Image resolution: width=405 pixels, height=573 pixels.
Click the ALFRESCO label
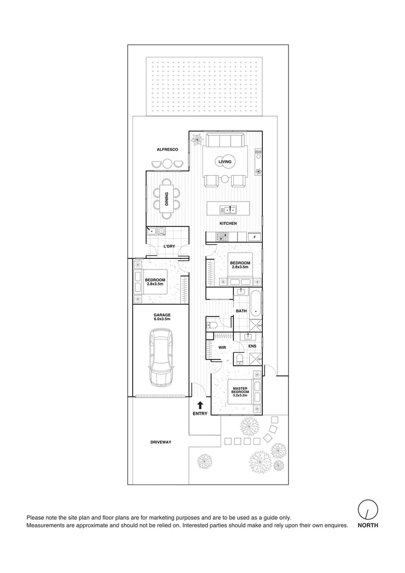[167, 150]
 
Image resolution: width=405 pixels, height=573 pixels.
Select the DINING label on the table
[166, 199]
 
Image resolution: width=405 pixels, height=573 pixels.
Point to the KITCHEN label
[228, 223]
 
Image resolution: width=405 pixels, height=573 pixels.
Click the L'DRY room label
[169, 246]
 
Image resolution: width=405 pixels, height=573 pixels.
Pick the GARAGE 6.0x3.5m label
[162, 317]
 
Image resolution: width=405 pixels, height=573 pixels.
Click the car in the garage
[162, 357]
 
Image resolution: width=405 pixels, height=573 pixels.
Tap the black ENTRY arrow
[200, 405]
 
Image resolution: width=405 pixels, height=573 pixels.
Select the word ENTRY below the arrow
[200, 413]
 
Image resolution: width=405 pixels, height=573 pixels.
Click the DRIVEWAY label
[160, 441]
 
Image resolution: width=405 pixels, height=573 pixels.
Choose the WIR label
[223, 348]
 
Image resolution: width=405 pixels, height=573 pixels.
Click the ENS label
[253, 346]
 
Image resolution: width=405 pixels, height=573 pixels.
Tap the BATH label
[241, 311]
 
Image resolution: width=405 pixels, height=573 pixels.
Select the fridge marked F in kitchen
[254, 237]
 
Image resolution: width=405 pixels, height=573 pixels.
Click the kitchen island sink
[228, 209]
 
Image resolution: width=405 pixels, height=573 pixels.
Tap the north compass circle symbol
[367, 510]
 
